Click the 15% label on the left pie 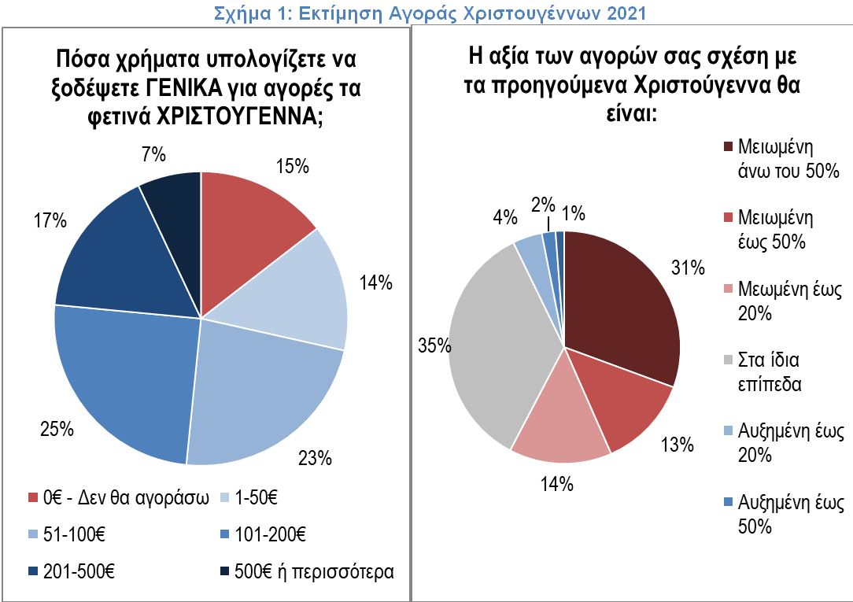pyautogui.click(x=293, y=166)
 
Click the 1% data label pyautogui.click(x=573, y=212)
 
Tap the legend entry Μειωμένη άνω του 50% pyautogui.click(x=779, y=160)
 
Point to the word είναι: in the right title pyautogui.click(x=630, y=113)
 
